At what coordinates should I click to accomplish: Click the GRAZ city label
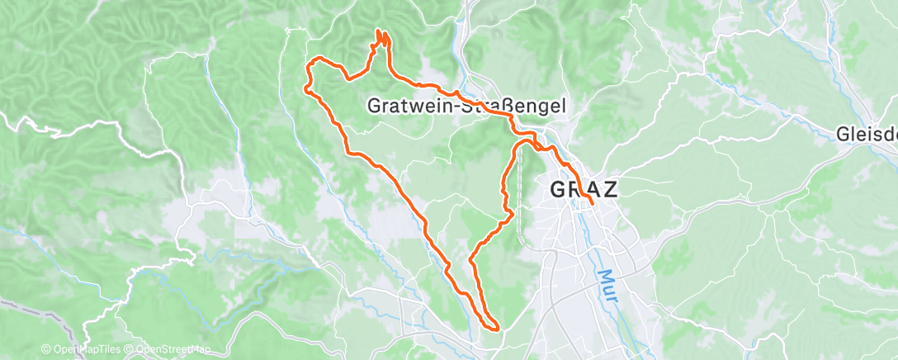click(x=584, y=189)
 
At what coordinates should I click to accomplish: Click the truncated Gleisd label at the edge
click(x=867, y=133)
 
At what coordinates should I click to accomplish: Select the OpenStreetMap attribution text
click(x=171, y=350)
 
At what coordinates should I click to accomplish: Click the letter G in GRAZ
click(x=559, y=189)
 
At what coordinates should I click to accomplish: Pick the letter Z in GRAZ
click(x=609, y=189)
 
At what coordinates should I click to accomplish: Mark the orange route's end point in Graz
click(x=593, y=203)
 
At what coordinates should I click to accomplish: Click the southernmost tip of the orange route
click(x=495, y=329)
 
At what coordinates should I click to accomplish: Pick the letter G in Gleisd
click(x=843, y=133)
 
